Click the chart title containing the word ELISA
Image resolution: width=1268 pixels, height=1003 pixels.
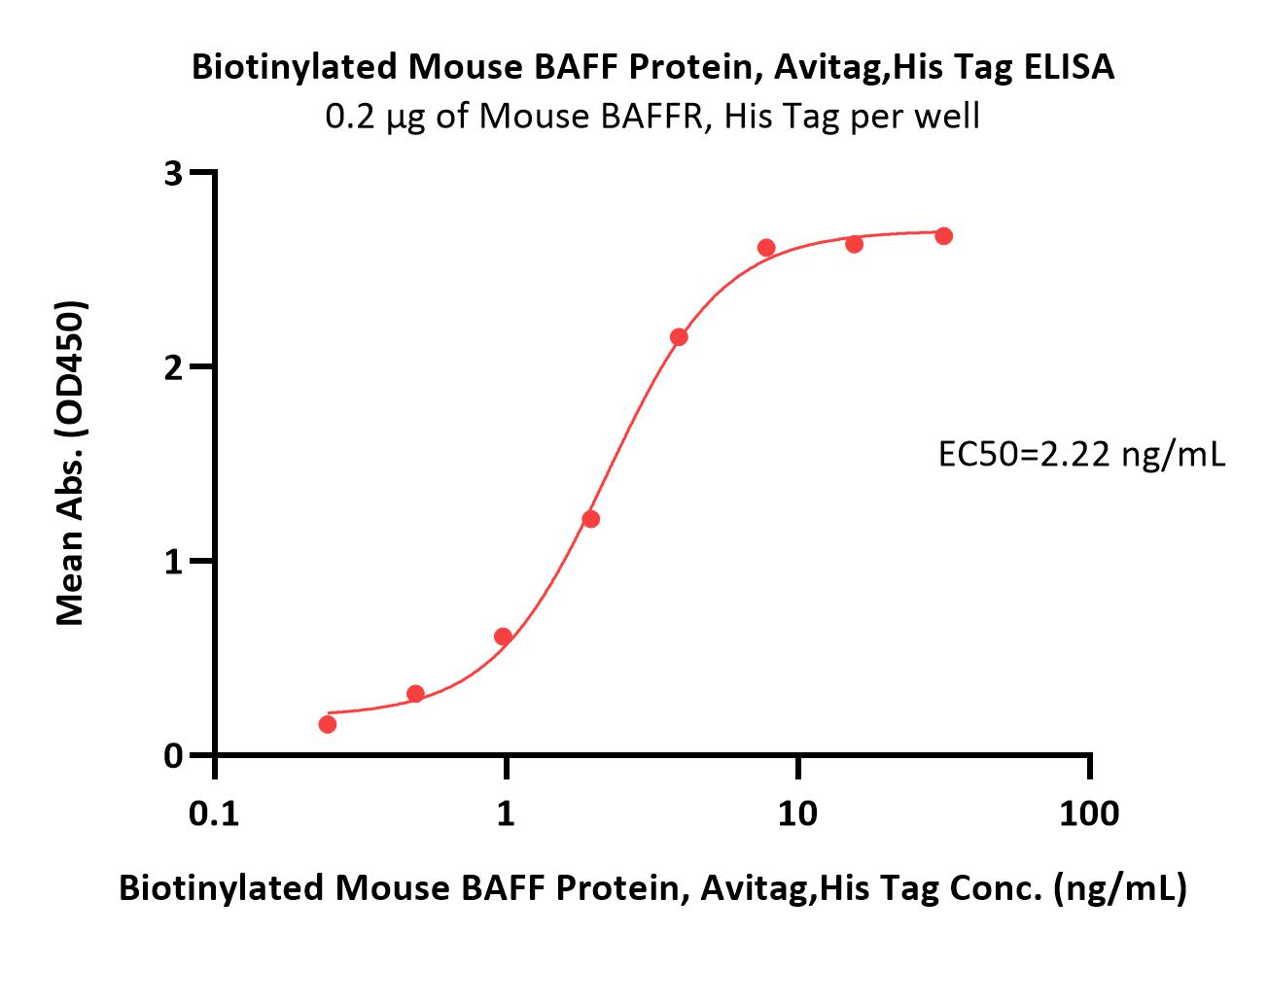pos(652,67)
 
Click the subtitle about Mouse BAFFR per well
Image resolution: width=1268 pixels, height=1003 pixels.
pos(652,117)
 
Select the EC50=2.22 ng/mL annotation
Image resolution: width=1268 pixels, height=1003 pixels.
pos(1082,455)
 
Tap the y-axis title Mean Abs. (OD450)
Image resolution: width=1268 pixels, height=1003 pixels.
pos(71,463)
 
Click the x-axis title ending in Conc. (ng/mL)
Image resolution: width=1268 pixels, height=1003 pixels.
pos(652,889)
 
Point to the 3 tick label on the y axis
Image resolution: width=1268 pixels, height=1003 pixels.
pos(173,174)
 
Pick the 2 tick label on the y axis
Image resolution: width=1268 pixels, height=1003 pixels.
pos(173,368)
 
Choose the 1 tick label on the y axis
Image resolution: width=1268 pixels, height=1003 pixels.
pos(173,562)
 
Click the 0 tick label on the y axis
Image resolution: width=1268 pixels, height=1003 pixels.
pos(173,755)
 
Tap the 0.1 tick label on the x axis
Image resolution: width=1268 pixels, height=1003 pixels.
pos(214,813)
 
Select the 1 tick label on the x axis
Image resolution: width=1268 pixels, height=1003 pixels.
pos(506,813)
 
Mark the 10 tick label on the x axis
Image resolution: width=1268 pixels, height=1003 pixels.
pos(797,813)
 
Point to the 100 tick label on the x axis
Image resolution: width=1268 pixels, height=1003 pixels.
pos(1089,813)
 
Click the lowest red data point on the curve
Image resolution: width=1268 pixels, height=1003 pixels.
pos(328,724)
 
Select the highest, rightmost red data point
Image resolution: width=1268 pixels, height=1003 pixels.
pos(944,236)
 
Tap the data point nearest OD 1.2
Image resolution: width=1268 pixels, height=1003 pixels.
pos(591,519)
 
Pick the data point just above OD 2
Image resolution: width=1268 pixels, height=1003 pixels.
pos(679,337)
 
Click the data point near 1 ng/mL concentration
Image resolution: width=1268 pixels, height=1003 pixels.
pos(503,636)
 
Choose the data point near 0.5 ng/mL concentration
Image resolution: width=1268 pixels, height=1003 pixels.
pos(415,694)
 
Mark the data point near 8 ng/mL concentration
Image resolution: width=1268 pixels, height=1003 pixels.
pos(766,248)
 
